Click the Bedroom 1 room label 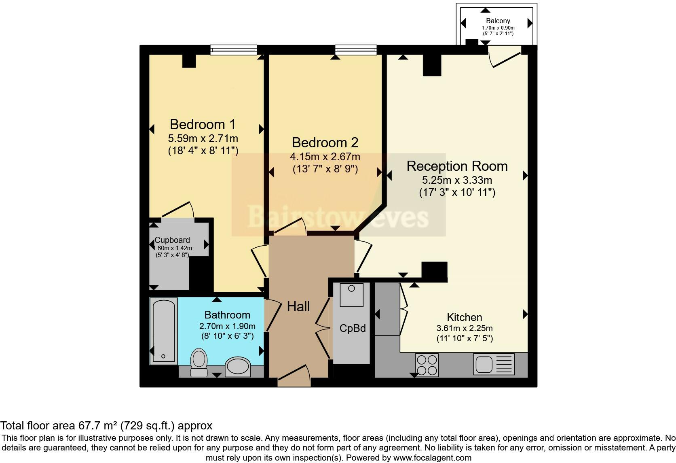203,124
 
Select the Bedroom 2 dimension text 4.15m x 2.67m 325,156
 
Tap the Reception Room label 457,166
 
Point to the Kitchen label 464,317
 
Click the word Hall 298,306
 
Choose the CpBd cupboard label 353,328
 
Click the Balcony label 498,21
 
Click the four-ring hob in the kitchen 427,365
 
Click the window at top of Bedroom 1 233,50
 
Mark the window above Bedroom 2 356,50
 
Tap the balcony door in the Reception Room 505,57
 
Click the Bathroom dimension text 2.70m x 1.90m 227,326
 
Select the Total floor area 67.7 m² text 106,426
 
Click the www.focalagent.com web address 432,458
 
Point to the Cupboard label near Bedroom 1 172,240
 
